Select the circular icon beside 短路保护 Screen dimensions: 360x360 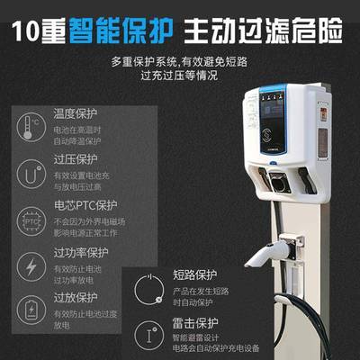pos(148,287)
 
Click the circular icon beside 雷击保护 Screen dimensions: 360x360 pos(148,335)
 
